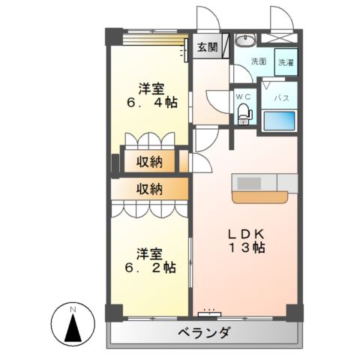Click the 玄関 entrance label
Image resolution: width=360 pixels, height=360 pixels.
click(207, 47)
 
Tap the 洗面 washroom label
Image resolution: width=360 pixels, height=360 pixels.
click(258, 61)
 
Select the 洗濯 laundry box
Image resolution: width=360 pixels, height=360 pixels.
click(286, 64)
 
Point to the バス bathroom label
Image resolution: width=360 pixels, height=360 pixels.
click(281, 97)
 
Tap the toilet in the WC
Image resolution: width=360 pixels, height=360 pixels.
click(244, 113)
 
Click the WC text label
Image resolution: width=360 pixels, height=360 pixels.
click(243, 97)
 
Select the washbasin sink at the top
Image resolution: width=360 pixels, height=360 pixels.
click(245, 40)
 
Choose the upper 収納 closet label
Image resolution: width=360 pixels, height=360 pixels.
click(150, 160)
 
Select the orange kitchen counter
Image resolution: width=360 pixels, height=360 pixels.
click(259, 197)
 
